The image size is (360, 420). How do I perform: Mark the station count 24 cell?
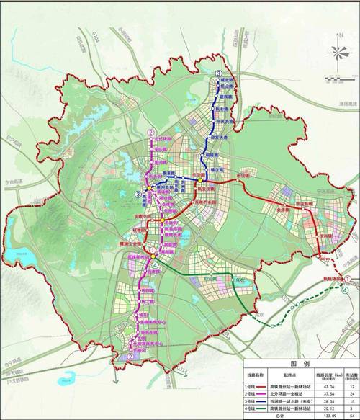[348, 395]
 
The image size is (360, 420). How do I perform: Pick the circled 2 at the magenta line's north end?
[150, 133]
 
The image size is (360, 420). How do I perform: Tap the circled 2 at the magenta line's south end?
[130, 357]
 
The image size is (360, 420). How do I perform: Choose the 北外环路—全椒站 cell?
[288, 395]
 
